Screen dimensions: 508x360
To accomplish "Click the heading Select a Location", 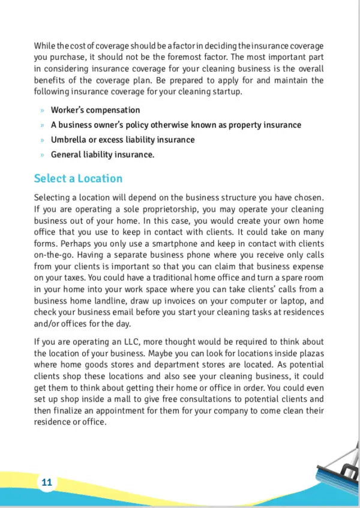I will coord(78,179).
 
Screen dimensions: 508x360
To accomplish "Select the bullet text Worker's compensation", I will coord(95,110).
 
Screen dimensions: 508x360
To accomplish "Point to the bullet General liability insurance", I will coord(102,155).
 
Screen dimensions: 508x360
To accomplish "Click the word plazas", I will coord(311,353).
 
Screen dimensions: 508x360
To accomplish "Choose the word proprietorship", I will coord(157,210).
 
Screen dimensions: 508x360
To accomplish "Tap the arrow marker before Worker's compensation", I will coord(42,111).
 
